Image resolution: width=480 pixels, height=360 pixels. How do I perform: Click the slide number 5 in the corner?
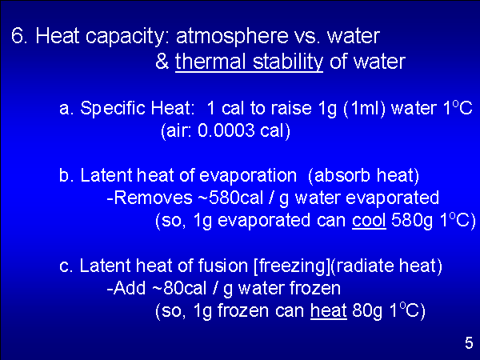pyautogui.click(x=469, y=343)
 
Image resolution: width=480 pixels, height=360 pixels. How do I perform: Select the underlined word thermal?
pyautogui.click(x=210, y=62)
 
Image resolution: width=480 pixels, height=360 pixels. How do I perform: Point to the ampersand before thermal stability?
pyautogui.click(x=162, y=62)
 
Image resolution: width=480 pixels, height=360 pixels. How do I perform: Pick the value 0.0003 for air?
pyautogui.click(x=226, y=130)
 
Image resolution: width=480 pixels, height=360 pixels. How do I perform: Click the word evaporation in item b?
pyautogui.click(x=248, y=176)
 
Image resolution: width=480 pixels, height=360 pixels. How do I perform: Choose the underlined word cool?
pyautogui.click(x=369, y=221)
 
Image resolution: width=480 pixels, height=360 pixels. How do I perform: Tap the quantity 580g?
pyautogui.click(x=412, y=221)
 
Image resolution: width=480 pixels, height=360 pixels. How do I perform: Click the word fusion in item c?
pyautogui.click(x=223, y=266)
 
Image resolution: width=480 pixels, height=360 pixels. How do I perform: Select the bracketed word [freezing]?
pyautogui.click(x=292, y=266)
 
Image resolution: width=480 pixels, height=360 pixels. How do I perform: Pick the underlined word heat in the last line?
pyautogui.click(x=329, y=310)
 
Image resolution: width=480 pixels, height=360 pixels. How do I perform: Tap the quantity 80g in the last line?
pyautogui.click(x=367, y=311)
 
